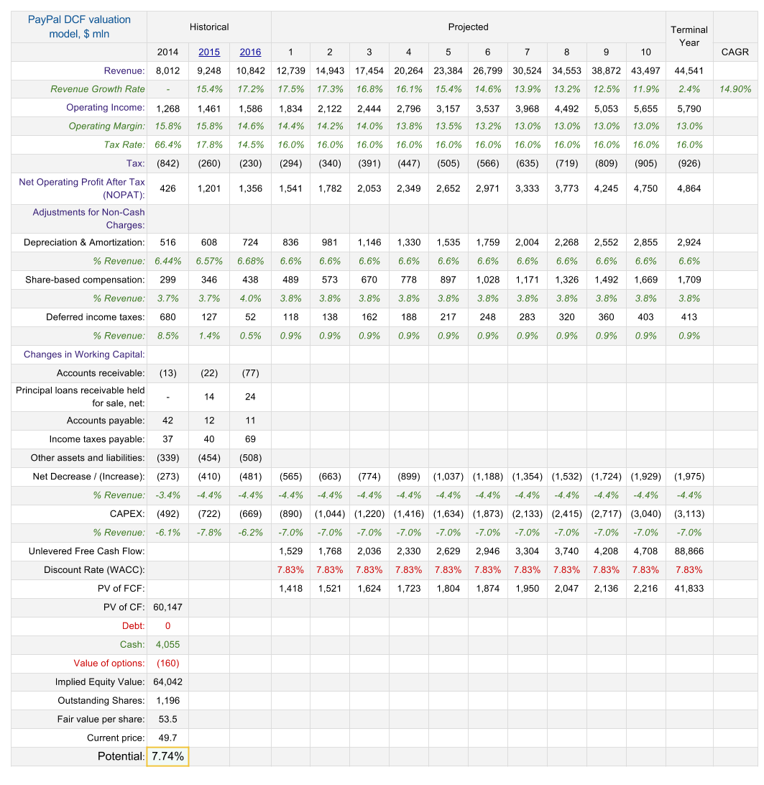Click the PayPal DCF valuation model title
pyautogui.click(x=79, y=27)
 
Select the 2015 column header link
pyautogui.click(x=209, y=52)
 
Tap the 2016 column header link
pyautogui.click(x=250, y=52)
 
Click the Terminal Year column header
pyautogui.click(x=689, y=36)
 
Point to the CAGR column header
pyautogui.click(x=735, y=52)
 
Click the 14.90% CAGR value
pyautogui.click(x=735, y=89)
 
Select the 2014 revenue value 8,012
pyautogui.click(x=167, y=70)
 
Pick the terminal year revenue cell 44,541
pyautogui.click(x=689, y=70)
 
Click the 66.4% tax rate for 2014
pyautogui.click(x=167, y=145)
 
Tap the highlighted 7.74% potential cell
pyautogui.click(x=168, y=756)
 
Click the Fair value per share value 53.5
pyautogui.click(x=167, y=719)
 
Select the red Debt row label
pyautogui.click(x=134, y=625)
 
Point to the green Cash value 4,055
pyautogui.click(x=167, y=644)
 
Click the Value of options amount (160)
pyautogui.click(x=167, y=663)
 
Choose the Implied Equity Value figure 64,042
pyautogui.click(x=167, y=681)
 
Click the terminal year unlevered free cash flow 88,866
pyautogui.click(x=689, y=551)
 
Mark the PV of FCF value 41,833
pyautogui.click(x=689, y=588)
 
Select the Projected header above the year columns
pyautogui.click(x=468, y=27)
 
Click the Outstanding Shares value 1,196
pyautogui.click(x=167, y=700)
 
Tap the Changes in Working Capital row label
pyautogui.click(x=84, y=354)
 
